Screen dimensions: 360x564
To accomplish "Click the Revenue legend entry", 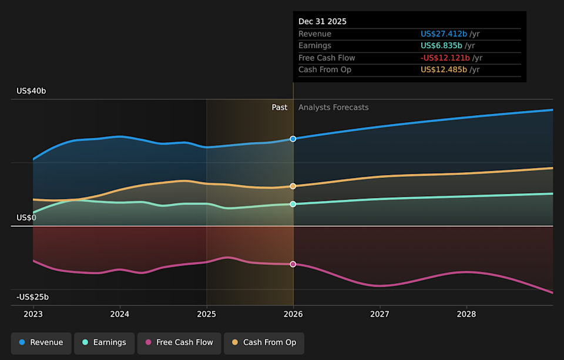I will (41, 342).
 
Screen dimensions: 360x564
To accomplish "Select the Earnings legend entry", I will (103, 342).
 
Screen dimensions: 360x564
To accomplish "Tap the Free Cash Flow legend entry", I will (179, 342).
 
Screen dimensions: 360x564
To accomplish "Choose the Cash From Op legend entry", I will (264, 342).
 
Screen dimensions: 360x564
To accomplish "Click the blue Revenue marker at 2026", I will (293, 139).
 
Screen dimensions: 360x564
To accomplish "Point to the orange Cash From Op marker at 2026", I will (293, 186).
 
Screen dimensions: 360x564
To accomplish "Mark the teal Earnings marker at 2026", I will (293, 204).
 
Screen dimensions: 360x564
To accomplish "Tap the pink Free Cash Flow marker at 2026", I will (293, 264).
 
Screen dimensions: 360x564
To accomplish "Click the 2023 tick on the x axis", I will (33, 314).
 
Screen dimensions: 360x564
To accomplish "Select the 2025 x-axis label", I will (207, 314).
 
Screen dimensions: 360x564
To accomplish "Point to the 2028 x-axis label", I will (466, 314).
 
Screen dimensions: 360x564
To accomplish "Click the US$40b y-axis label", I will (31, 91).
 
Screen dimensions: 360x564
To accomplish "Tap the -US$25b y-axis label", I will (32, 297).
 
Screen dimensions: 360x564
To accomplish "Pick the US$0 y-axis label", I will (26, 218).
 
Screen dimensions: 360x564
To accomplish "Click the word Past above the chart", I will (280, 107).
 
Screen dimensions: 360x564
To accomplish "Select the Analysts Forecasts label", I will (333, 107).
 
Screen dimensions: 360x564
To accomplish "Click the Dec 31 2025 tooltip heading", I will (323, 21).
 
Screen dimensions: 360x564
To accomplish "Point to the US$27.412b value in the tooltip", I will (444, 34).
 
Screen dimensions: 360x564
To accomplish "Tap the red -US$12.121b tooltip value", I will (445, 58).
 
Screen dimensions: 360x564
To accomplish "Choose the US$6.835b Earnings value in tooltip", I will (441, 46).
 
